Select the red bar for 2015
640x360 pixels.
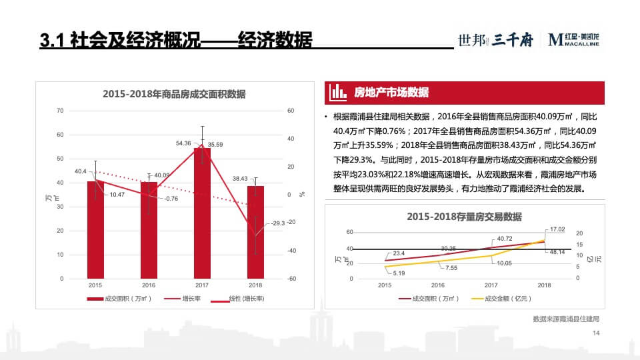tap(96, 230)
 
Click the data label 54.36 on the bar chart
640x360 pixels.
tap(183, 143)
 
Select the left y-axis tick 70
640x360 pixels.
tap(60, 111)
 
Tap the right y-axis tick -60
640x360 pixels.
tap(291, 279)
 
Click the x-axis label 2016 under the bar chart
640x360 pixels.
tap(149, 284)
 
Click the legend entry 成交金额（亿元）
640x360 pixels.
tap(499, 299)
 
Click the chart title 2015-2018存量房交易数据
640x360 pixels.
tap(464, 217)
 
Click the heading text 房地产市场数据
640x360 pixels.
tap(391, 92)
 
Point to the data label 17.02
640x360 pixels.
tap(557, 229)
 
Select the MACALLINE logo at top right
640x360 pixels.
tap(574, 40)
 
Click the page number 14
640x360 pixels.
tap(596, 343)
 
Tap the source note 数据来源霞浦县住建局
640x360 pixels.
tap(566, 319)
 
